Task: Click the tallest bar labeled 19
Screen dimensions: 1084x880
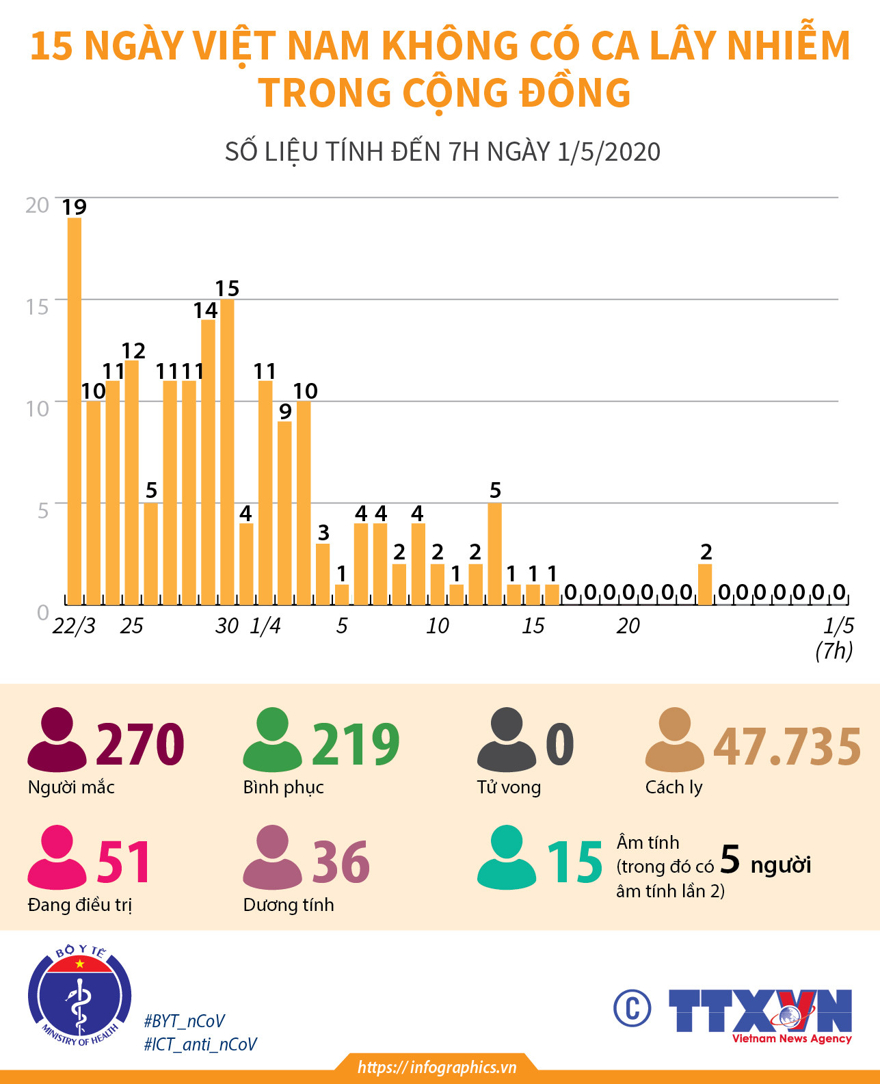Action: point(74,410)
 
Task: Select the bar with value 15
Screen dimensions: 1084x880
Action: point(227,451)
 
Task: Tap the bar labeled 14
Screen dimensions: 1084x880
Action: point(208,462)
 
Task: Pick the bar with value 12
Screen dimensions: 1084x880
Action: point(131,482)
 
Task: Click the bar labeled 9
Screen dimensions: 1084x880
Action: point(284,513)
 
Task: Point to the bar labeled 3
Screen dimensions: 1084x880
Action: point(323,574)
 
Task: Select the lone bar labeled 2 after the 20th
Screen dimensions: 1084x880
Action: point(705,585)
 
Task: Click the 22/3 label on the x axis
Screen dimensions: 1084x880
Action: point(74,626)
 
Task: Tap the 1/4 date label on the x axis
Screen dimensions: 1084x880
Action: point(265,626)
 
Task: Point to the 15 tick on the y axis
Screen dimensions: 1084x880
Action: point(38,306)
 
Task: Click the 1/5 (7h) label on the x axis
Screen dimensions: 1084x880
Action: point(836,637)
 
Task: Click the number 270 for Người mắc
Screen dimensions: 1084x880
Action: point(140,744)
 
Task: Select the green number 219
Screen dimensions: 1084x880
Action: point(356,744)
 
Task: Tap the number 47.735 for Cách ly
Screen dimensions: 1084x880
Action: point(786,746)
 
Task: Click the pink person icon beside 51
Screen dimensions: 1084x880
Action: point(57,858)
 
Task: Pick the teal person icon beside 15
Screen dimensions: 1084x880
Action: point(506,858)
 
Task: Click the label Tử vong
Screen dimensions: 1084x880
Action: point(509,787)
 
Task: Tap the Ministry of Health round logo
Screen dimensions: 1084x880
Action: point(80,996)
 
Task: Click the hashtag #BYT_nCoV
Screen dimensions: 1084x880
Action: point(184,1021)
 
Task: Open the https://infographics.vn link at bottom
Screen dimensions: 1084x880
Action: point(437,1068)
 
